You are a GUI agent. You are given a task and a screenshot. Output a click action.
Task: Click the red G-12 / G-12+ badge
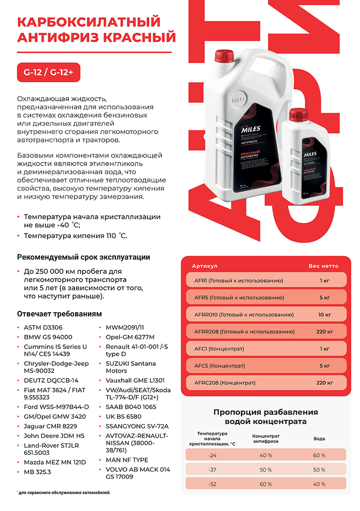coord(49,72)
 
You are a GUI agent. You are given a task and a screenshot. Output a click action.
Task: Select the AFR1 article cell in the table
coord(238,281)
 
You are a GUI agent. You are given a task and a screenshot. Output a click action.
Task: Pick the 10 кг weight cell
coord(324,314)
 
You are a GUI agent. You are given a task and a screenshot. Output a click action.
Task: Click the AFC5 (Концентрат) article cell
coord(220,365)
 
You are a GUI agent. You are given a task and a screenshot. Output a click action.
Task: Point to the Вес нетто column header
coord(323,266)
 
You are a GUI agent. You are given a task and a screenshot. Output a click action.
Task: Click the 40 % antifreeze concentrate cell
coord(266,455)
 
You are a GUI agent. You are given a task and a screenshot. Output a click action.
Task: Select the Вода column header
coord(319,438)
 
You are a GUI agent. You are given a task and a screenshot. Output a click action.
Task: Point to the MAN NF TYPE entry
coord(127,460)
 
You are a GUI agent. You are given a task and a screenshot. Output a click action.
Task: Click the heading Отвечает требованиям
coord(60,313)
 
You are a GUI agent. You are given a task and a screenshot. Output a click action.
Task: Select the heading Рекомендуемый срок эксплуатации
coord(84,257)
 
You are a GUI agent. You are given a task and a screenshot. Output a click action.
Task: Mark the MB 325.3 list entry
coord(37,472)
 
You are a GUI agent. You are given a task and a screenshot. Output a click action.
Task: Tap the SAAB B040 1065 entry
coord(131,407)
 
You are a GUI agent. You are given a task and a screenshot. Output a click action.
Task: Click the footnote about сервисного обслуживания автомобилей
coord(64,493)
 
